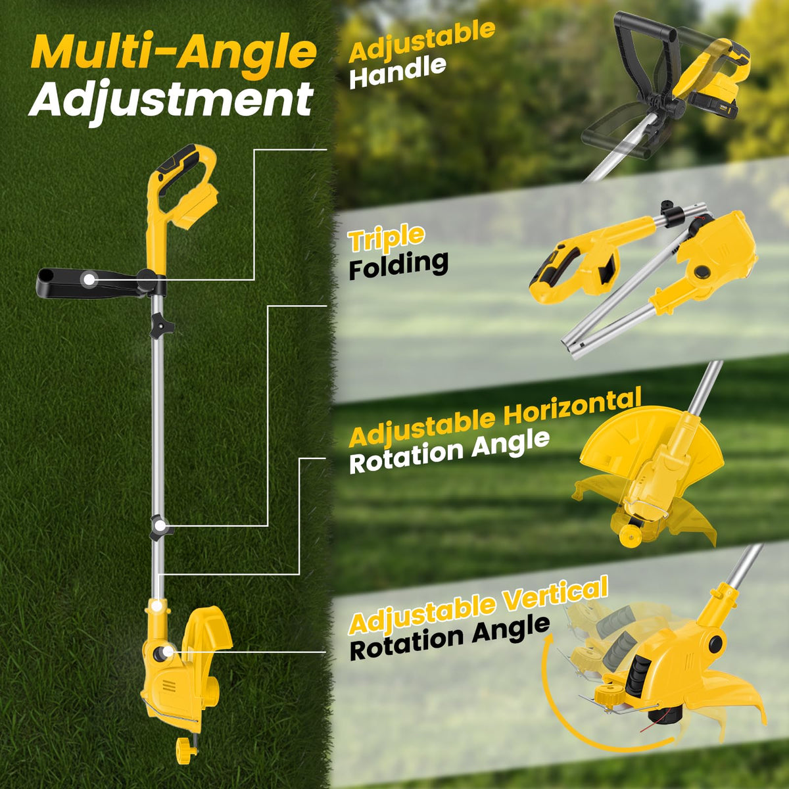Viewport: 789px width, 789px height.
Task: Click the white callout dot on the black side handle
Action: coord(87,280)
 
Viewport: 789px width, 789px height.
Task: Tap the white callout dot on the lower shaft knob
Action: coord(160,526)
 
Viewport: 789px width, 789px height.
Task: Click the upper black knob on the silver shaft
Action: coord(161,326)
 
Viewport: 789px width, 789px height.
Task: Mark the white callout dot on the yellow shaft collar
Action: coord(155,605)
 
